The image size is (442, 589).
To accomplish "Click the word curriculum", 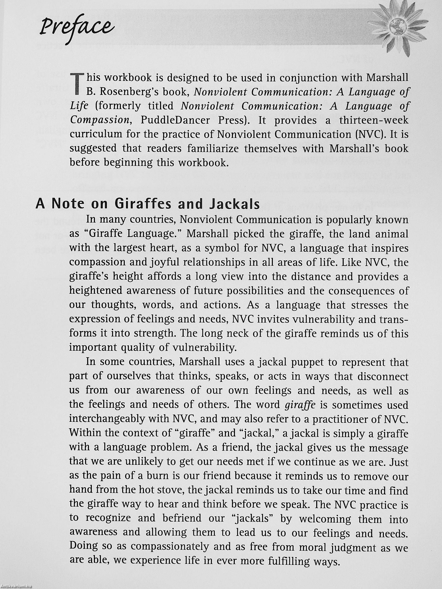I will [95, 135].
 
